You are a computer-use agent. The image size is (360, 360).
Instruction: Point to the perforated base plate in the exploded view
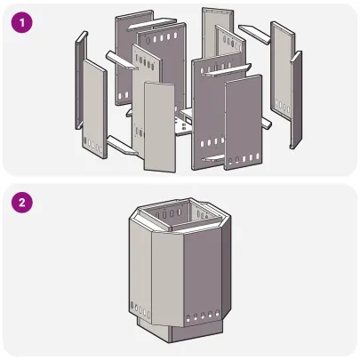(x=182, y=124)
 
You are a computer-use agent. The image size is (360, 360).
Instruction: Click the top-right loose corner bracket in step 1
(x=252, y=32)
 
